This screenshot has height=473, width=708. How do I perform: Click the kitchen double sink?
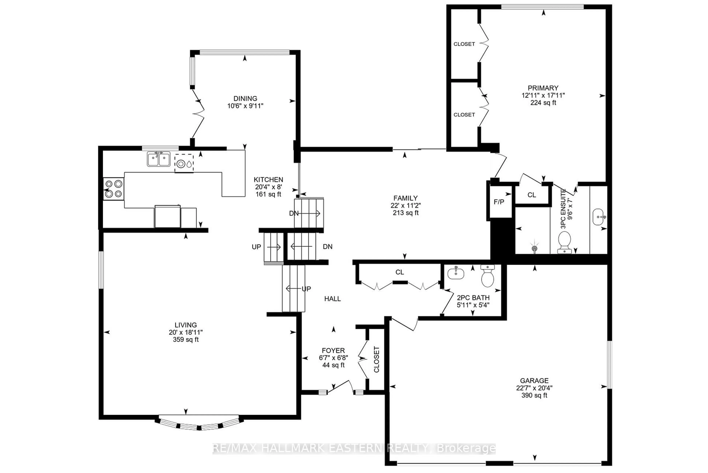coord(158,159)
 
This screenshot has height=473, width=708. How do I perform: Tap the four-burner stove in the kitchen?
coord(113,189)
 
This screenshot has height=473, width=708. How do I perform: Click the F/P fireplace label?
coord(499,202)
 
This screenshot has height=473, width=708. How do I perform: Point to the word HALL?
coord(332,299)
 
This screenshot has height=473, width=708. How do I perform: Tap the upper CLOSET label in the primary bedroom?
coord(464,44)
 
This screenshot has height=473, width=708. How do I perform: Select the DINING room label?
coord(245,98)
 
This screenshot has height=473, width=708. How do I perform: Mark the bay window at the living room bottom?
coord(199,424)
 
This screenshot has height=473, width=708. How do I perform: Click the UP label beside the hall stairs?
coord(306,289)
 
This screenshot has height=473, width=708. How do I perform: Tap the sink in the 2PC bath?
coord(456,273)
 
